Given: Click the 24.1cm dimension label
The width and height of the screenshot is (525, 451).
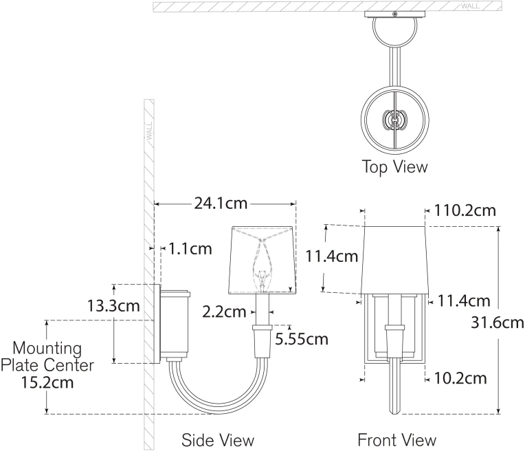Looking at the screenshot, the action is tap(221, 203).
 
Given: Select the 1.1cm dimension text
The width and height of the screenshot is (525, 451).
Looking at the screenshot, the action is tap(190, 249).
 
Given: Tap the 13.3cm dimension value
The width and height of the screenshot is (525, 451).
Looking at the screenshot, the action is tap(113, 305).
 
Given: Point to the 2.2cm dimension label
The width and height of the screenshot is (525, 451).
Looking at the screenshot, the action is tap(224, 312).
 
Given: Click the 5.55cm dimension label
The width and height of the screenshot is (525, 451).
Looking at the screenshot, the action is tap(302, 339).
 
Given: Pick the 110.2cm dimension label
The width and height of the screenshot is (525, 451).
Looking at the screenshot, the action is tap(465, 210).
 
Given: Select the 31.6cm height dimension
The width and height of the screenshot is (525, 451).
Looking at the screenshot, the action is tap(498, 322).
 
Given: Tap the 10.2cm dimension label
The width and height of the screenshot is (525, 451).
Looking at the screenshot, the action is tap(460, 378).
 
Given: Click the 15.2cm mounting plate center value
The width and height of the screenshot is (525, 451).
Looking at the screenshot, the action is tap(47, 382).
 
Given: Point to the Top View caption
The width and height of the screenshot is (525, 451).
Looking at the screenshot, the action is tap(395, 166).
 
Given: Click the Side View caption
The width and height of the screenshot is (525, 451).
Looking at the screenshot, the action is tap(218, 440).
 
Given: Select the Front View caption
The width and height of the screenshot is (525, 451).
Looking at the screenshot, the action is tap(397, 440).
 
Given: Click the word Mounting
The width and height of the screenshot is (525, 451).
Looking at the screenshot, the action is tap(47, 349).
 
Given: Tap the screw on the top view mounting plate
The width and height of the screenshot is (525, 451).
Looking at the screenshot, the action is tap(395, 14).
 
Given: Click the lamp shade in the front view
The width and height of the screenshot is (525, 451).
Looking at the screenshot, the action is tap(394, 261).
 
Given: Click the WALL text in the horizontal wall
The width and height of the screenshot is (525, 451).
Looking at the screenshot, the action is tap(470, 6).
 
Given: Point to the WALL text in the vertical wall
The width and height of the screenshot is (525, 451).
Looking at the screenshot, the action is tap(149, 131).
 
